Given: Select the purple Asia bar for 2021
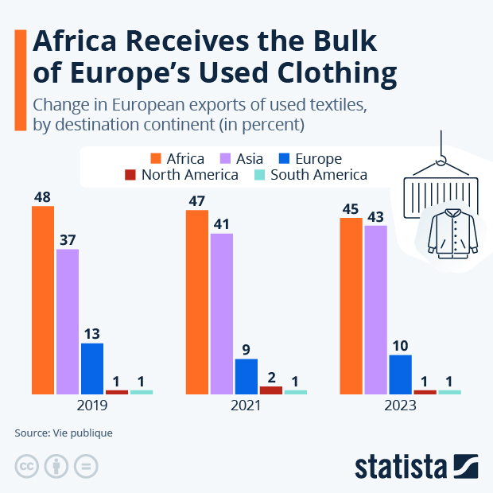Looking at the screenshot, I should pyautogui.click(x=222, y=313).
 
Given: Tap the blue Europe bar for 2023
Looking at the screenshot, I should pyautogui.click(x=400, y=374).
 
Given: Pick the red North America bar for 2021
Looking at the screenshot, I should pyautogui.click(x=271, y=390).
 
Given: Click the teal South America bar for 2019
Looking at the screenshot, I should pyautogui.click(x=142, y=392).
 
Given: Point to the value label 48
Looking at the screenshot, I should pyautogui.click(x=43, y=196).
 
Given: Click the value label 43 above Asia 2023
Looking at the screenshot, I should pyautogui.click(x=375, y=215).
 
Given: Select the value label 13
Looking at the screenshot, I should pyautogui.click(x=92, y=333).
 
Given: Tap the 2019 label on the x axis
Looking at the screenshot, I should pyautogui.click(x=92, y=406).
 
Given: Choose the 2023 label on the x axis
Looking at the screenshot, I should pyautogui.click(x=400, y=406).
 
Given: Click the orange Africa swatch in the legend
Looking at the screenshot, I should pyautogui.click(x=156, y=158).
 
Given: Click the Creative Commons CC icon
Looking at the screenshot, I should pyautogui.click(x=26, y=466).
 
